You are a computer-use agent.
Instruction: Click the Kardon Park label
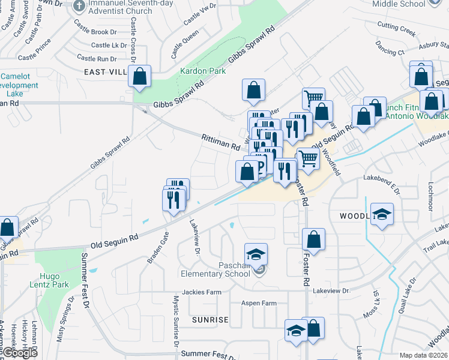point(203,71)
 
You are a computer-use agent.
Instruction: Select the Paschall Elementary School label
point(215,269)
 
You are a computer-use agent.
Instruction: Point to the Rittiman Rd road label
point(220,142)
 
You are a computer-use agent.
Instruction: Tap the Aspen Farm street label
point(259,303)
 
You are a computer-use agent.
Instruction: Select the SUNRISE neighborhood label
point(210,320)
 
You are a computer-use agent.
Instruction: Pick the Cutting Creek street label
point(396,28)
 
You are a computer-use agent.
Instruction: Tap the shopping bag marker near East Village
point(139,77)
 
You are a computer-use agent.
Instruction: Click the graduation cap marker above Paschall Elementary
point(256,254)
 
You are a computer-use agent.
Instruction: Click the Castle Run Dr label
point(97,59)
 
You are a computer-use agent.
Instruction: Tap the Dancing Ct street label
point(390,48)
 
